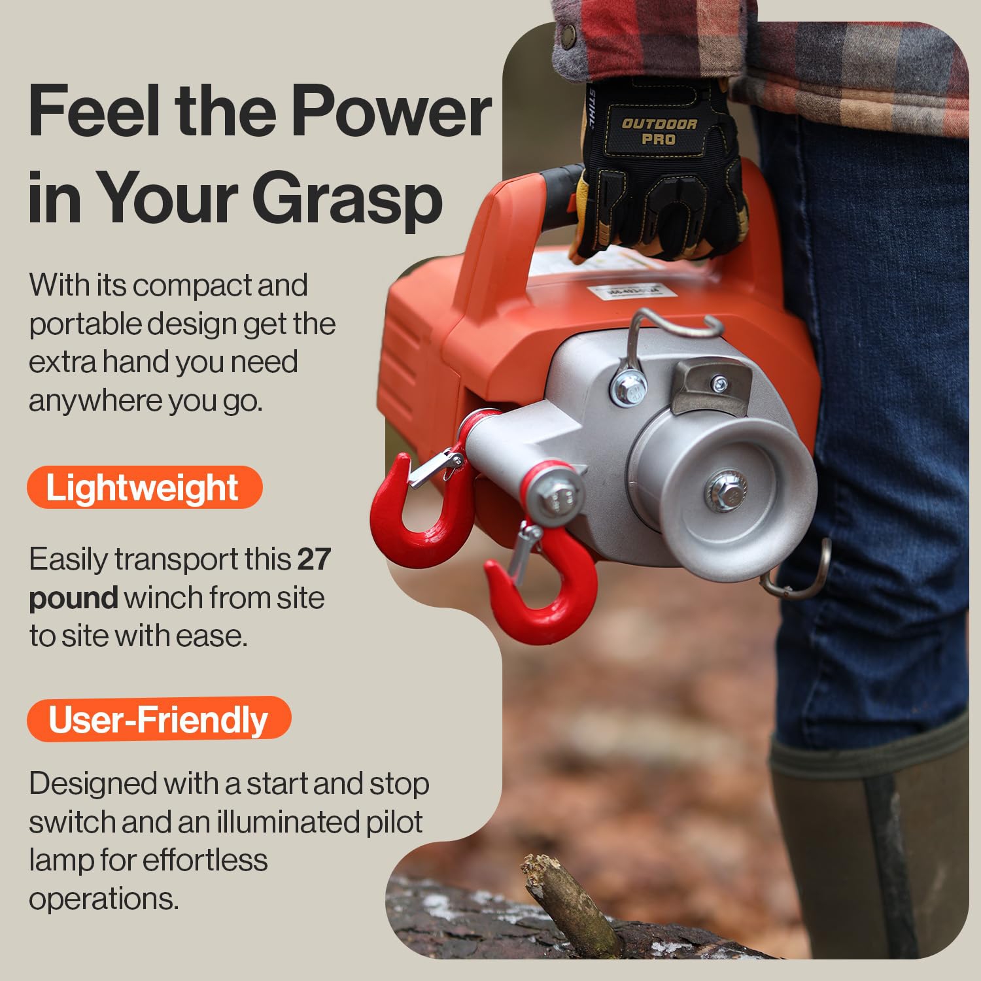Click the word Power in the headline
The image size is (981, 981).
(x=390, y=112)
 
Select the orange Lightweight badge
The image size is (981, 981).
(x=145, y=487)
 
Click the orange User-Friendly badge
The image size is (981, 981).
(x=159, y=719)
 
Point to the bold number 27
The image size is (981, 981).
(x=314, y=559)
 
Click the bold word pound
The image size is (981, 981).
(x=73, y=598)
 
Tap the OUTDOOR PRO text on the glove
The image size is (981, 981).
(x=659, y=131)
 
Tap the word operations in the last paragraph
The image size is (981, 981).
(x=103, y=899)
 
